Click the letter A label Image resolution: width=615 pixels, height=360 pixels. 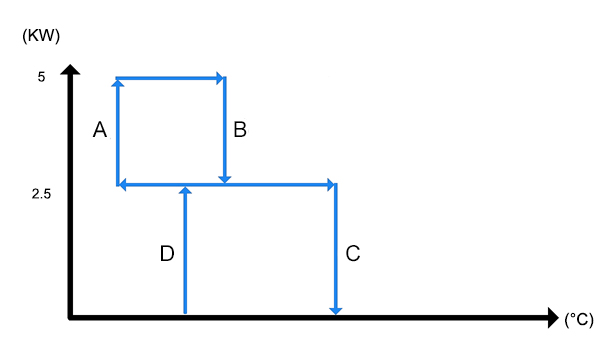pyautogui.click(x=100, y=129)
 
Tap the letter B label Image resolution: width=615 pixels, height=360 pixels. pyautogui.click(x=240, y=129)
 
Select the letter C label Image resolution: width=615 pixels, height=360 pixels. pyautogui.click(x=353, y=253)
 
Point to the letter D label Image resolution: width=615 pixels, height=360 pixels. pyautogui.click(x=167, y=253)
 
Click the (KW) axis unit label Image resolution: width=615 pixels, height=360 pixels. pyautogui.click(x=41, y=36)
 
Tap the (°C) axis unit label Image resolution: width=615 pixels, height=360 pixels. pyautogui.click(x=579, y=320)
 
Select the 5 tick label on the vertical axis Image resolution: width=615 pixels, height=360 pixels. pyautogui.click(x=41, y=77)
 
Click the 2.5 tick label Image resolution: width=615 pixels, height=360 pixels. pyautogui.click(x=41, y=194)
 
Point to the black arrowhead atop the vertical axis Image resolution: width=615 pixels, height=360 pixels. pyautogui.click(x=70, y=69)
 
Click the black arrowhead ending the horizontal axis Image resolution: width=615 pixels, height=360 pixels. pyautogui.click(x=553, y=317)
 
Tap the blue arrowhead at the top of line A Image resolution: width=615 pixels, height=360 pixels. pyautogui.click(x=118, y=83)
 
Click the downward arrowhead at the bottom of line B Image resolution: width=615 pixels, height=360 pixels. pyautogui.click(x=224, y=180)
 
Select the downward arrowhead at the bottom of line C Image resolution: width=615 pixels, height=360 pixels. pyautogui.click(x=335, y=311)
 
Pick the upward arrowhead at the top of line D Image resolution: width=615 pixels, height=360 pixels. pyautogui.click(x=185, y=190)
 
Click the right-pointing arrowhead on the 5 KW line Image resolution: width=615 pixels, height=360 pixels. pyautogui.click(x=220, y=78)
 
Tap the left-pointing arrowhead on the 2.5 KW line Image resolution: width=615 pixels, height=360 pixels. pyautogui.click(x=122, y=184)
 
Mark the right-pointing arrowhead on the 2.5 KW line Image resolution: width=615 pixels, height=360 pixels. pyautogui.click(x=331, y=184)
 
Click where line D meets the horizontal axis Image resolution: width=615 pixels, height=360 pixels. pyautogui.click(x=185, y=314)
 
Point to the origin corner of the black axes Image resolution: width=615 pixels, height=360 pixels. pyautogui.click(x=70, y=317)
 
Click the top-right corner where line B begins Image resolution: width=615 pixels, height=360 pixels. pyautogui.click(x=224, y=78)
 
